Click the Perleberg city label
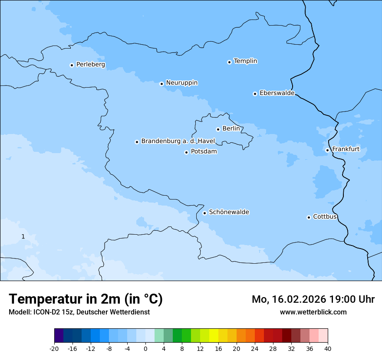(90, 65)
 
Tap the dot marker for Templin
(229, 62)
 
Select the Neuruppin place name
(181, 83)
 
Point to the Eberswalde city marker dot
(255, 94)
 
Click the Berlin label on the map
(231, 129)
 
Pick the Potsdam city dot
(186, 152)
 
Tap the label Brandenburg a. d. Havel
(178, 141)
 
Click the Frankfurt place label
(346, 149)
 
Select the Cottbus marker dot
(309, 217)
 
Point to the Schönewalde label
(229, 212)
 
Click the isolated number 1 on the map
(23, 236)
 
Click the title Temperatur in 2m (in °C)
(86, 299)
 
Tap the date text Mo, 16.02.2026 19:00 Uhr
(313, 299)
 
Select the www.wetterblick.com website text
(313, 312)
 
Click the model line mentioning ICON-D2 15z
(79, 312)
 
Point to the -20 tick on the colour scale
(54, 348)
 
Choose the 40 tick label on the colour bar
(328, 348)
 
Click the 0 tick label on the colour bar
(145, 348)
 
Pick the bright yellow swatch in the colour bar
(214, 336)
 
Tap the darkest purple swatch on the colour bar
(59, 336)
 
